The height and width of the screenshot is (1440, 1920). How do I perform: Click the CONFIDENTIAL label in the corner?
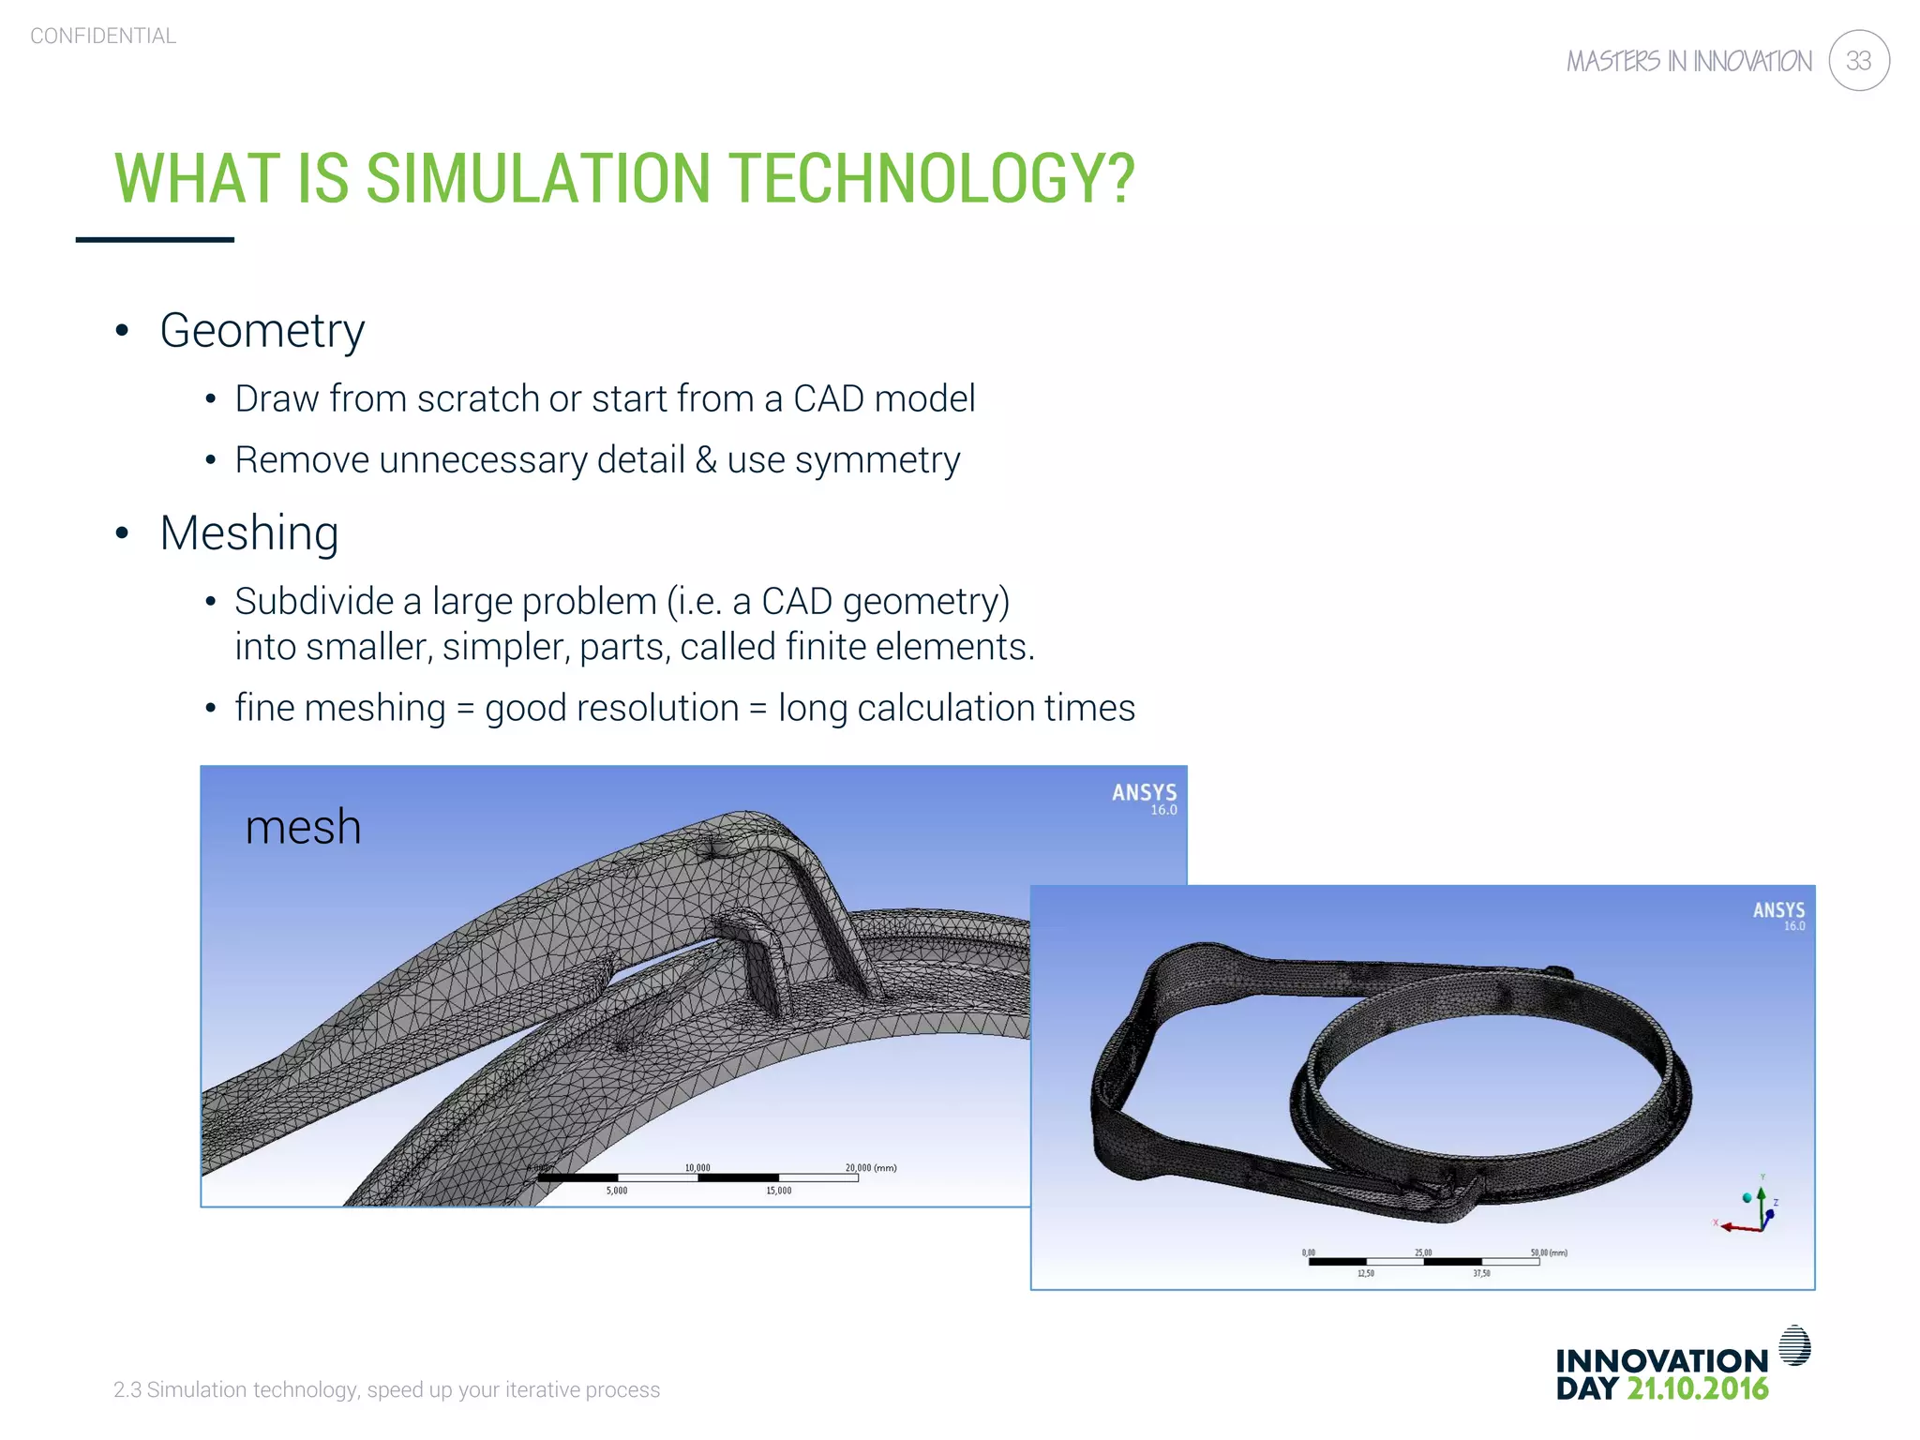tap(103, 36)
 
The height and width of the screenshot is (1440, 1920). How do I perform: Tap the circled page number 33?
tap(1858, 61)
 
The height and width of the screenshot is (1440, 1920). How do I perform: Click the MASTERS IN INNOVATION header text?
tap(1688, 62)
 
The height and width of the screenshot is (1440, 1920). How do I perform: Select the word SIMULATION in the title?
tap(538, 178)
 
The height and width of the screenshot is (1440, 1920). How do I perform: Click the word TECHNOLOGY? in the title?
tap(931, 178)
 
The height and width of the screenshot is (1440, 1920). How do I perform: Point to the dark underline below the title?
tap(155, 240)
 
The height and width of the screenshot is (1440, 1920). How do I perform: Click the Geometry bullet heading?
tap(262, 331)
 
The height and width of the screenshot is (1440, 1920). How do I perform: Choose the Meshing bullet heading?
tap(248, 533)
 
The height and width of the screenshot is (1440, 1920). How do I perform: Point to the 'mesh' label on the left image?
tap(303, 827)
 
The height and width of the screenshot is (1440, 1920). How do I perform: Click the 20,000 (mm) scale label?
tap(870, 1168)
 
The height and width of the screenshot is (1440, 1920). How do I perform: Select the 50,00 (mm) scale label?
tap(1548, 1252)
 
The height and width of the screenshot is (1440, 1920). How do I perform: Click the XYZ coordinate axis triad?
tap(1751, 1209)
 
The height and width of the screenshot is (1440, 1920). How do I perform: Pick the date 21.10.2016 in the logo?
tap(1697, 1389)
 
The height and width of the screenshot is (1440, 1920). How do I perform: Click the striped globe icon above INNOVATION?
tap(1794, 1345)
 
